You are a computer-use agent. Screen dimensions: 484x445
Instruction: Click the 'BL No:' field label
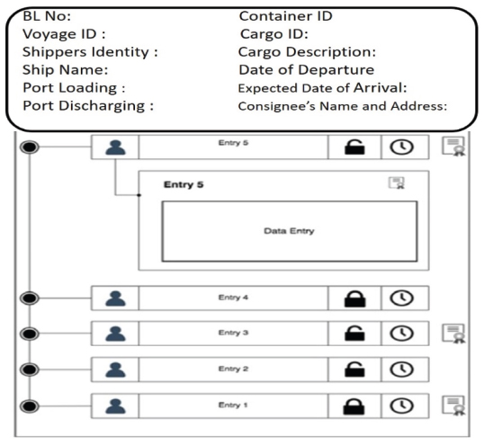[47, 16]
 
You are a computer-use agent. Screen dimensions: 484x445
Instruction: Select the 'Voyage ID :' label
[64, 34]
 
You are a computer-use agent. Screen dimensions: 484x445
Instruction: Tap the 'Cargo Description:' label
[307, 52]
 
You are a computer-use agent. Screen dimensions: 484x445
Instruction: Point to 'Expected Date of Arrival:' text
[323, 88]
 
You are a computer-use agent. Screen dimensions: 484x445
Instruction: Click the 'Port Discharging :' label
[88, 106]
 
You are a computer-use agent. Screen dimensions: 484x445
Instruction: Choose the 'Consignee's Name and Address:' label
[343, 106]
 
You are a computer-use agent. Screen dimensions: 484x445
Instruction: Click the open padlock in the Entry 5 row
[354, 147]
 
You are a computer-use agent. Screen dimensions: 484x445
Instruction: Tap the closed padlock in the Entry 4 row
[354, 298]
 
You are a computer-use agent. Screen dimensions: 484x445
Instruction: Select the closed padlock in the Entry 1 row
[354, 406]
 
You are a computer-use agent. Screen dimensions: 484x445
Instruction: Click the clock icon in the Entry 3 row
[401, 334]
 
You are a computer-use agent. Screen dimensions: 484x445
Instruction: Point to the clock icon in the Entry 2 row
[401, 369]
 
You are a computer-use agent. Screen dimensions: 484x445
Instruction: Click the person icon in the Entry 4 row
[115, 298]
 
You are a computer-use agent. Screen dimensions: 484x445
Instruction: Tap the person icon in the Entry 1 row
[115, 405]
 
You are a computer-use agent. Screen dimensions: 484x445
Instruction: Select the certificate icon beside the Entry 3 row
[453, 334]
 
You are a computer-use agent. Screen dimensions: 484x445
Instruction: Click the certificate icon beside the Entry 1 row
[453, 405]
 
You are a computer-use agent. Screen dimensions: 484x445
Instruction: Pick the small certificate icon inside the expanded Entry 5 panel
[397, 182]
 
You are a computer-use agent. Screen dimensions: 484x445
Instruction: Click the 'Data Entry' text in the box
[289, 231]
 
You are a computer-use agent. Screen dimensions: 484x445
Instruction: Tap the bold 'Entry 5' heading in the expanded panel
[184, 184]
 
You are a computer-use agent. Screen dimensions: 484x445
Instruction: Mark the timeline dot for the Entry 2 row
[30, 369]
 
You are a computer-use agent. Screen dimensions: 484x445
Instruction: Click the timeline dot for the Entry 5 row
[30, 147]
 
